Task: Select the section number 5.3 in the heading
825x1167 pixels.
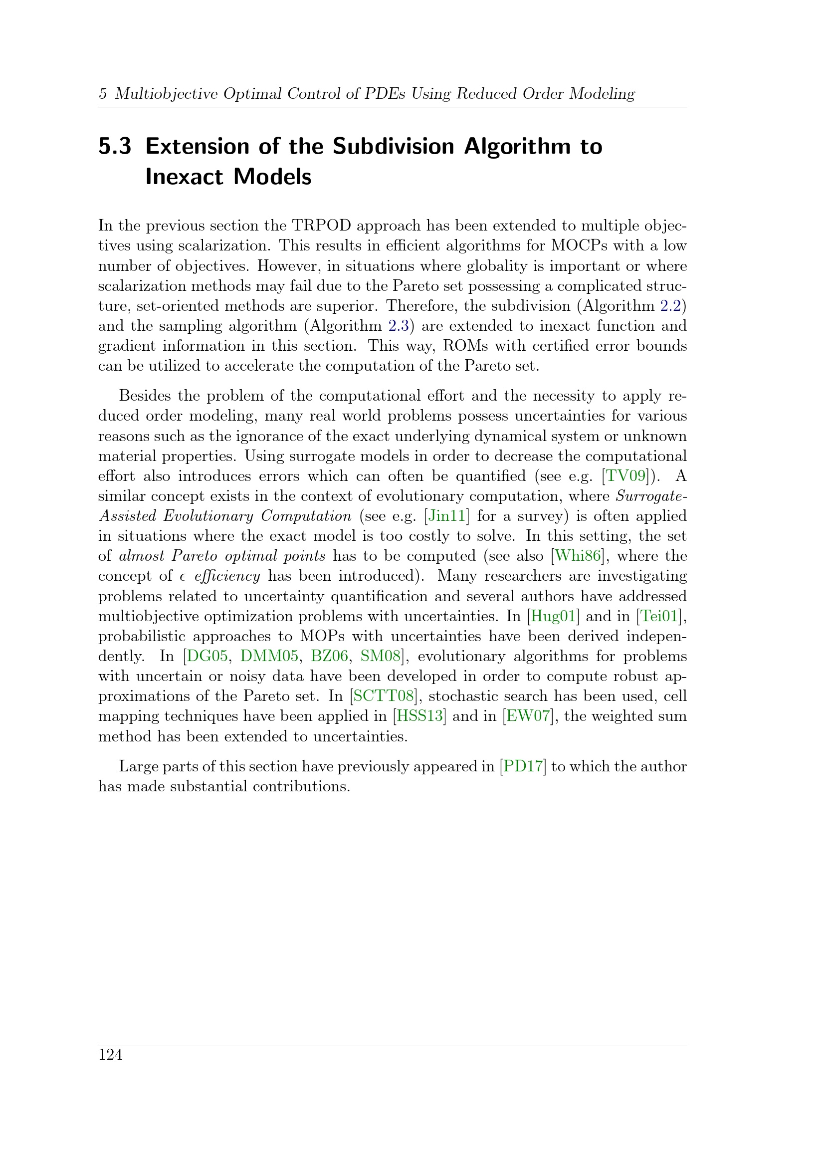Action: click(x=114, y=146)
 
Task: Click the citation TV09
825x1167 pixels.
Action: click(x=626, y=476)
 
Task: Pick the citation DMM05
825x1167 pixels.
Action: click(x=269, y=656)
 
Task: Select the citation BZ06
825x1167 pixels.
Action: click(x=329, y=656)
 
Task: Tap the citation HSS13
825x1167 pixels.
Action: click(x=419, y=716)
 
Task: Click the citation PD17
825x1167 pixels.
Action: click(x=523, y=766)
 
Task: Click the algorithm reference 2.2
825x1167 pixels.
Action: click(x=670, y=306)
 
